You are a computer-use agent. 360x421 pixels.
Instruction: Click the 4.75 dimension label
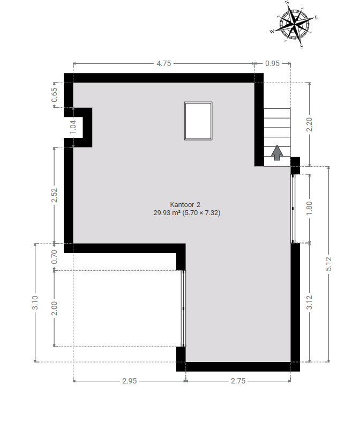pyautogui.click(x=163, y=63)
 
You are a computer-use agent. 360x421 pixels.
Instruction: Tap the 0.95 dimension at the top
pyautogui.click(x=272, y=63)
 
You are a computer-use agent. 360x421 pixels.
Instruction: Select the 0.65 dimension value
pyautogui.click(x=54, y=95)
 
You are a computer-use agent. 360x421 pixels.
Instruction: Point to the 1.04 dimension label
pyautogui.click(x=73, y=127)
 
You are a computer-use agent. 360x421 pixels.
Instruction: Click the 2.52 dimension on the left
pyautogui.click(x=54, y=195)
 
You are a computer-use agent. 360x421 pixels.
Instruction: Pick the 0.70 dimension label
pyautogui.click(x=54, y=257)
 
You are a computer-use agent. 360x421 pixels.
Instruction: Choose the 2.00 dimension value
pyautogui.click(x=54, y=308)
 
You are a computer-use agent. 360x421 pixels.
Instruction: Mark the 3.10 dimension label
pyautogui.click(x=35, y=302)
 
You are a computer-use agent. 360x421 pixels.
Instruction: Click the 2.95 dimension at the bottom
pyautogui.click(x=130, y=381)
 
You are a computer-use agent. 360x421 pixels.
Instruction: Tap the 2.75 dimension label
pyautogui.click(x=238, y=381)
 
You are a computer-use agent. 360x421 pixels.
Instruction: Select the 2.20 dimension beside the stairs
pyautogui.click(x=309, y=124)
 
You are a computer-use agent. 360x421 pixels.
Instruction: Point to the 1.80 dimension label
pyautogui.click(x=309, y=208)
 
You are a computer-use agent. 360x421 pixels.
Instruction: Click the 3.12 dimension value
pyautogui.click(x=309, y=302)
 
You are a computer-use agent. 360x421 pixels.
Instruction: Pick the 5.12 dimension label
pyautogui.click(x=328, y=264)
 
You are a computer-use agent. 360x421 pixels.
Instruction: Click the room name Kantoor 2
pyautogui.click(x=185, y=205)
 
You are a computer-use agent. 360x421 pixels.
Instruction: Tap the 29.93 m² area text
pyautogui.click(x=166, y=213)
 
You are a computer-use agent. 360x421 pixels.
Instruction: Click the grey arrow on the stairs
pyautogui.click(x=277, y=153)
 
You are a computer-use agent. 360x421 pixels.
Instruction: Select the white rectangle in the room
pyautogui.click(x=198, y=121)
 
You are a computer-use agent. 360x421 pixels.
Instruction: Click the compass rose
pyautogui.click(x=294, y=25)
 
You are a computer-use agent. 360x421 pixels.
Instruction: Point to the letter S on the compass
pyautogui.click(x=302, y=47)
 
